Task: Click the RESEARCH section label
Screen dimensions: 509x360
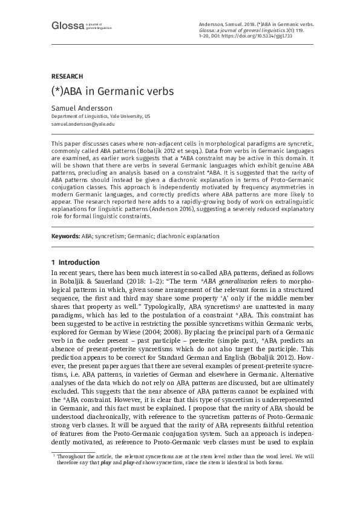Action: point(67,77)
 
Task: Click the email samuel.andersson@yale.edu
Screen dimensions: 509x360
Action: point(83,123)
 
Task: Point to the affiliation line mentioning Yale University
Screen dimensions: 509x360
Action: point(100,115)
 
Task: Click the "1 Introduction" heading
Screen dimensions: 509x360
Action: point(76,262)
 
